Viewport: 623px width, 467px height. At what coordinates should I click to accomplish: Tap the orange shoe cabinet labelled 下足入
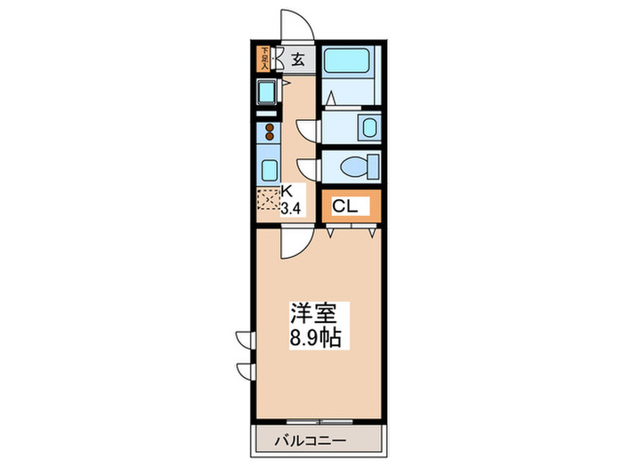(263, 59)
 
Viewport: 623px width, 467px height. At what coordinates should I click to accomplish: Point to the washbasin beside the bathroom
(368, 125)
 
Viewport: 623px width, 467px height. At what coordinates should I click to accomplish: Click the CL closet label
(345, 206)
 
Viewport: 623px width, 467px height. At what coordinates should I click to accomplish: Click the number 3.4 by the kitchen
(291, 209)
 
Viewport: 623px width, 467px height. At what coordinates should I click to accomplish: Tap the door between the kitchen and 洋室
(293, 242)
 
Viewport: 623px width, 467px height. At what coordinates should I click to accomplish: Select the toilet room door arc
(308, 166)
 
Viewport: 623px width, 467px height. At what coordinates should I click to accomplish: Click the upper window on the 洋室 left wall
(246, 338)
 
